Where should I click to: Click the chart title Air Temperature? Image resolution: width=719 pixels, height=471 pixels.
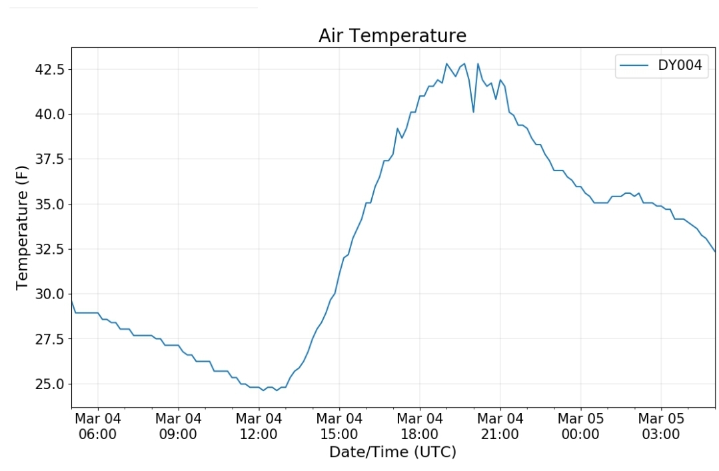click(x=392, y=35)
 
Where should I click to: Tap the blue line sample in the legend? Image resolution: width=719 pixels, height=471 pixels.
click(x=634, y=65)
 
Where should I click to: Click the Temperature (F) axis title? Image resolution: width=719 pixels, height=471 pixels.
click(x=23, y=227)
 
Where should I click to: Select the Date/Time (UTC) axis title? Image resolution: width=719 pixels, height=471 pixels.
click(x=392, y=452)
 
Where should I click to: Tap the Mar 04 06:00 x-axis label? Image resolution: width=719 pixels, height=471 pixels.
click(x=98, y=426)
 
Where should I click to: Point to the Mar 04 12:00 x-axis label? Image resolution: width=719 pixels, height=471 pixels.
click(x=259, y=426)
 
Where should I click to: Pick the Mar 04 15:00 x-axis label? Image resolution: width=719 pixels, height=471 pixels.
click(x=339, y=426)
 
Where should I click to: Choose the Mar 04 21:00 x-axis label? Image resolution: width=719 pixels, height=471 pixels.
click(x=500, y=426)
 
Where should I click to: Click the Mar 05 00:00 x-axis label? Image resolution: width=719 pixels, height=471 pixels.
click(x=580, y=426)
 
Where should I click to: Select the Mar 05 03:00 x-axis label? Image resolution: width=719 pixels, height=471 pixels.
click(x=661, y=426)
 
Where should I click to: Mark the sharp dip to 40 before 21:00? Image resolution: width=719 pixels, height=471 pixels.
click(x=473, y=111)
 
